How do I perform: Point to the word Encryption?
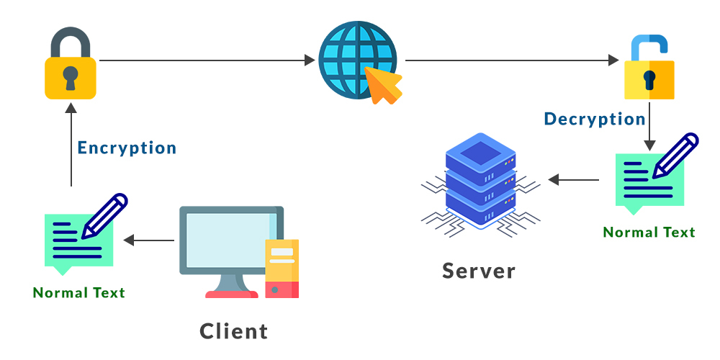(127, 148)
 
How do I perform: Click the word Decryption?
(594, 120)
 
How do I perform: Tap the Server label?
(479, 271)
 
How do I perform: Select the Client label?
(234, 331)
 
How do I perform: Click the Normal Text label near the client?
(79, 293)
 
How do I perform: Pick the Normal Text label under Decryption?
(649, 233)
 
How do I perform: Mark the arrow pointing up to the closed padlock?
(71, 144)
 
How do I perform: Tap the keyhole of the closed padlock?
(70, 77)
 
